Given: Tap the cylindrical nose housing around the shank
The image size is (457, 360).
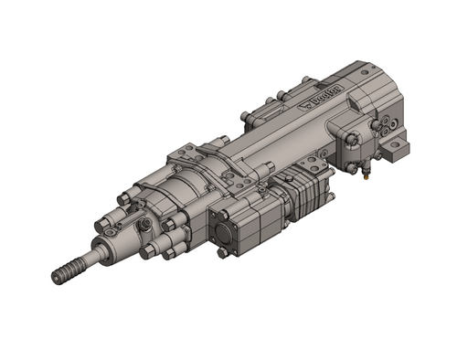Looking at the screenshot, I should click(x=119, y=241).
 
